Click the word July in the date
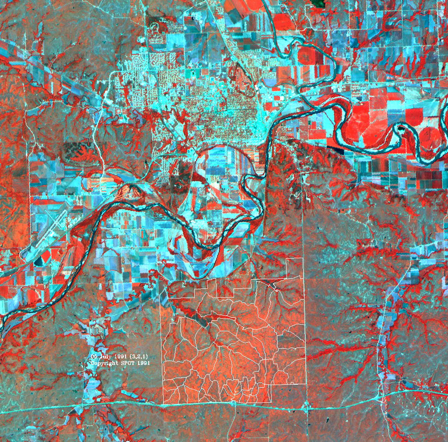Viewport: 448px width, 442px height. coord(106,357)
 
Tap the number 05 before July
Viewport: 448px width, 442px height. coord(94,357)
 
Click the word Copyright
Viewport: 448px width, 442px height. coord(105,363)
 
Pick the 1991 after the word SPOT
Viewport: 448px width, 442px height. coord(144,363)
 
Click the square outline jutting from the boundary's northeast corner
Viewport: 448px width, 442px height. coord(294,267)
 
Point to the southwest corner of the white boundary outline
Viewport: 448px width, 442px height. coord(163,402)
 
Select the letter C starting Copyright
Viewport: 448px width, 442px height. coord(93,363)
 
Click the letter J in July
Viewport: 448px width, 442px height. coord(101,357)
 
